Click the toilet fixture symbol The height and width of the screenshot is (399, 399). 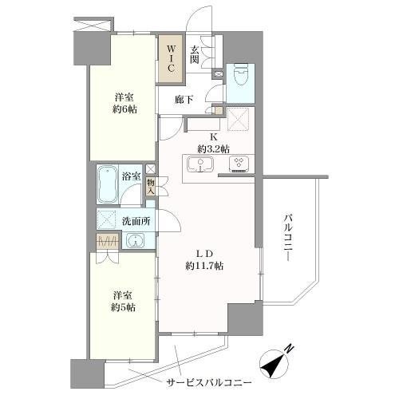(x=240, y=75)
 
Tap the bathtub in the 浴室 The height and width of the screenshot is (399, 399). (x=107, y=184)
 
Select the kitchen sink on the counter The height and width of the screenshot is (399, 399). (x=200, y=164)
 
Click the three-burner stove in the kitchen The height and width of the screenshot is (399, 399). (x=239, y=164)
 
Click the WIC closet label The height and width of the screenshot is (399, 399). (x=171, y=58)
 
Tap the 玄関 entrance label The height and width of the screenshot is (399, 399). (x=195, y=55)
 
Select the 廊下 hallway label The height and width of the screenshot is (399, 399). (x=184, y=100)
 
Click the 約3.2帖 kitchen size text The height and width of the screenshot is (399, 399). (x=213, y=149)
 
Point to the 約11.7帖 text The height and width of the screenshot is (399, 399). (x=204, y=266)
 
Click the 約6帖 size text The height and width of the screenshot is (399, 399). (x=124, y=109)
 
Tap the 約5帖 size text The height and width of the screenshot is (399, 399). (x=123, y=307)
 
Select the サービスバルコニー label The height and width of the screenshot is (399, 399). (x=209, y=383)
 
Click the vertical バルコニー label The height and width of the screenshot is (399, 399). (x=287, y=238)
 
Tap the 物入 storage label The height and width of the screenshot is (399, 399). (x=151, y=187)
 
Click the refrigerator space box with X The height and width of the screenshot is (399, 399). (x=238, y=120)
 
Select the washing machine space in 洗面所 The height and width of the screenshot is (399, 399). (x=106, y=220)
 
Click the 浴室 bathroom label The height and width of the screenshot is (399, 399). (x=132, y=176)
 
